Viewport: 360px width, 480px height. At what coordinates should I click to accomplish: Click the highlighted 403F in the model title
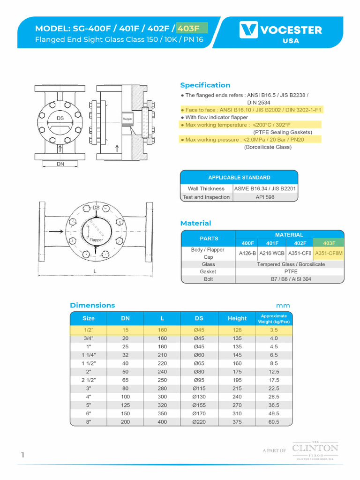tap(192, 29)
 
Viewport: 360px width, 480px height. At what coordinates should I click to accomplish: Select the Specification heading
tap(205, 85)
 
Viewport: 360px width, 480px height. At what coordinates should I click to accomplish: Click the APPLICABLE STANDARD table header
tap(239, 178)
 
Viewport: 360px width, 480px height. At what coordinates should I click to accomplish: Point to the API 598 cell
tap(265, 197)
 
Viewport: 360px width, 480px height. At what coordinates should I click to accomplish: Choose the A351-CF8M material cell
tap(329, 253)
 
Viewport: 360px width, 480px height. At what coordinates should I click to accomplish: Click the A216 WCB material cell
tap(273, 253)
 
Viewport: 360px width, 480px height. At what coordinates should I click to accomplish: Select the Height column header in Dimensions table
tap(237, 318)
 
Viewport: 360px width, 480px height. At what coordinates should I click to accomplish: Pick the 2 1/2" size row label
tap(88, 380)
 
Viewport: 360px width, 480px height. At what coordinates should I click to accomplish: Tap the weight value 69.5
tap(274, 422)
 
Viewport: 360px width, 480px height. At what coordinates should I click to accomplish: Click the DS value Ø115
tap(199, 389)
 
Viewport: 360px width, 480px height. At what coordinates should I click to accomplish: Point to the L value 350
tap(162, 413)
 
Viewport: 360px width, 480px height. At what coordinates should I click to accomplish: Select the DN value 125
tap(125, 405)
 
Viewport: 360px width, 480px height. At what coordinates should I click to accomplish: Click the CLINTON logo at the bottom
tap(315, 449)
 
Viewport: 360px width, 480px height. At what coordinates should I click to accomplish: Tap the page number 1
tap(22, 455)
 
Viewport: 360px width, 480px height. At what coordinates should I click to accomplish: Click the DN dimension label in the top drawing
tap(60, 164)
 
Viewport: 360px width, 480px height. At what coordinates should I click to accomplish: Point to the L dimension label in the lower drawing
tap(95, 271)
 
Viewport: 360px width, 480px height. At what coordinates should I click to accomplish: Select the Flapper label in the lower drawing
tap(96, 240)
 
